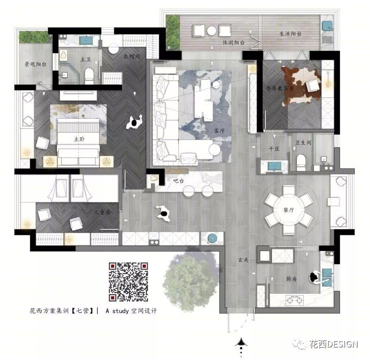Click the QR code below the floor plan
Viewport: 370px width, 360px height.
[128, 282]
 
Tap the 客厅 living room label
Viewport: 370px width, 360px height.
[219, 131]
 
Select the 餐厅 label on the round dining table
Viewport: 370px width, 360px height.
[288, 209]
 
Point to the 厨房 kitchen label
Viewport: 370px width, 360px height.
[291, 279]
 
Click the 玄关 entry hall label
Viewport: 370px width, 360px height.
[243, 260]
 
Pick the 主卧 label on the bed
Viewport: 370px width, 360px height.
[79, 139]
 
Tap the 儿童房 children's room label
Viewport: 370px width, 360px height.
[102, 212]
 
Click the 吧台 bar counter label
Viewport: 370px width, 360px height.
[178, 181]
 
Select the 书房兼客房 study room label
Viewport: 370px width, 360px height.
[280, 88]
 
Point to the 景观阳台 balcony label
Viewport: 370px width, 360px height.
[35, 64]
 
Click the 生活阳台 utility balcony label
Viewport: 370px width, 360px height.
[290, 34]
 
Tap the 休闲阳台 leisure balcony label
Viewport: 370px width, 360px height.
[233, 43]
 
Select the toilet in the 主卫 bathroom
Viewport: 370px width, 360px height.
[89, 76]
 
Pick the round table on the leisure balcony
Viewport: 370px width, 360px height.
[212, 31]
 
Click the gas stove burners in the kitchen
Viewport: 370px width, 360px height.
[295, 300]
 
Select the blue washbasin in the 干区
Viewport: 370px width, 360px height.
[274, 166]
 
